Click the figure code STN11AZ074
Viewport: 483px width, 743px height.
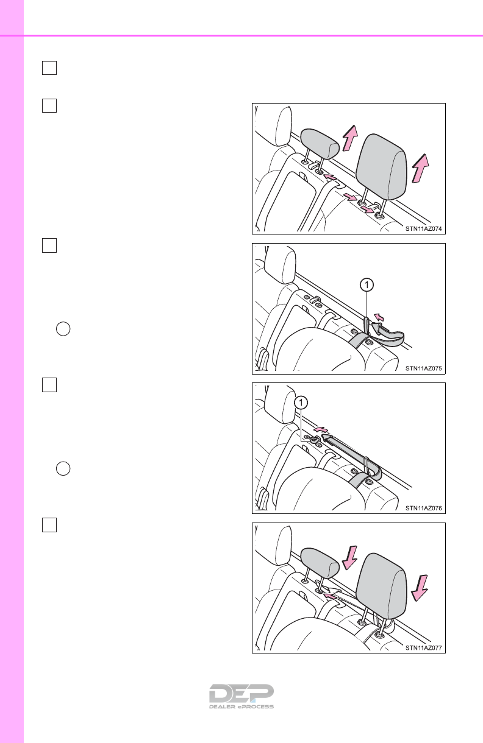423,228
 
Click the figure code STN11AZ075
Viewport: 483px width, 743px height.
423,368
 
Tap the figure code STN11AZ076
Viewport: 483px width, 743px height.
423,508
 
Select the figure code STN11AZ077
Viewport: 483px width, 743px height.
423,648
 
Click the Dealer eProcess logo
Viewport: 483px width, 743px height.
241,696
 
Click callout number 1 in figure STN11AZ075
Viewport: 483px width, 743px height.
367,285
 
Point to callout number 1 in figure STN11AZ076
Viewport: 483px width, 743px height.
301,403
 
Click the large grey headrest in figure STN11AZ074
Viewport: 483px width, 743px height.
382,167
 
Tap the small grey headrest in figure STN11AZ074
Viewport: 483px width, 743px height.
320,143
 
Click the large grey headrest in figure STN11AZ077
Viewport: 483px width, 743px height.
382,586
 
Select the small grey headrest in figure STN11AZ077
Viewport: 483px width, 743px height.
320,563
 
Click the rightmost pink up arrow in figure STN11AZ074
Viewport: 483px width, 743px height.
420,168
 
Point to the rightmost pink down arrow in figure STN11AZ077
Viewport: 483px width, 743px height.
419,588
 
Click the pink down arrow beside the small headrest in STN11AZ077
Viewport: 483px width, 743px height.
349,558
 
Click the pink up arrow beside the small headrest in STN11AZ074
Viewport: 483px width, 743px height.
350,138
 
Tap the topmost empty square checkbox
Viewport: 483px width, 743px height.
49,68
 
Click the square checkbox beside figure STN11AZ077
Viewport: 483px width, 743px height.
49,525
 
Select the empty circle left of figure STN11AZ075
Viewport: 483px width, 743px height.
63,329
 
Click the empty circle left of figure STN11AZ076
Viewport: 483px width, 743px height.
63,469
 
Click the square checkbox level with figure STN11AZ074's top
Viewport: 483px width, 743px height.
49,106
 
